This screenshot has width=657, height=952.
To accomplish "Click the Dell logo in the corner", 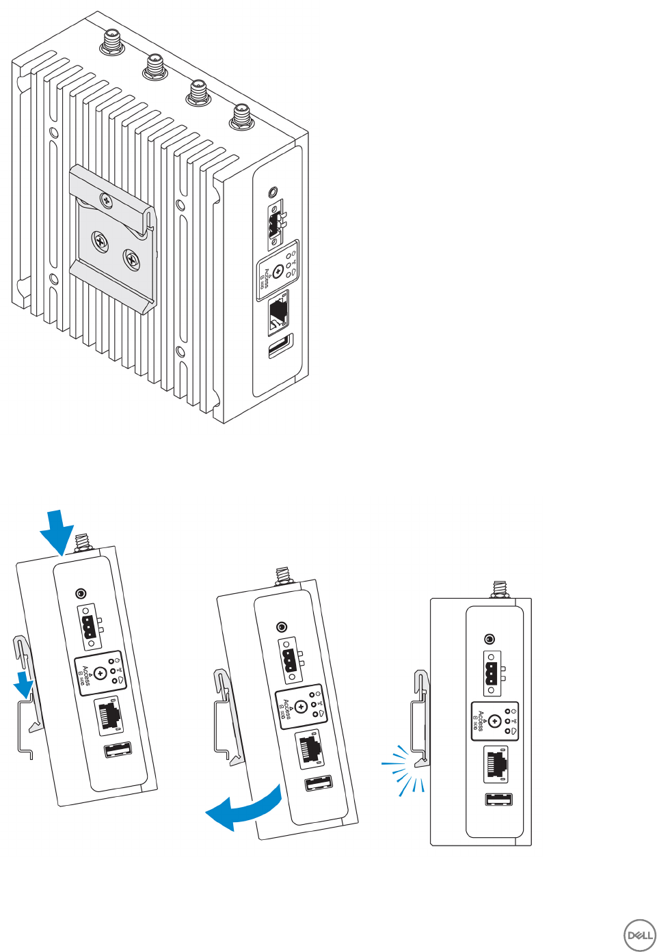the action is (640, 935).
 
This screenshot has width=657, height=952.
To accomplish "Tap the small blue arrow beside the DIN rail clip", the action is (25, 684).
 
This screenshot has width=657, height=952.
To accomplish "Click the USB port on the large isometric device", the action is (280, 346).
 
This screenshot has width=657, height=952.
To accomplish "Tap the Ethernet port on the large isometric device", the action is (279, 312).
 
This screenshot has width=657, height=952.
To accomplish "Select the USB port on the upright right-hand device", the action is (498, 799).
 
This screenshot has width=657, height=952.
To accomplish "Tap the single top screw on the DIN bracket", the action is (106, 199).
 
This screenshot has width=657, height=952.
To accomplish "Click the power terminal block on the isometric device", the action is (276, 225).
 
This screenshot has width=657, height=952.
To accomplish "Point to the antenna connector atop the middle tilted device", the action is (282, 575).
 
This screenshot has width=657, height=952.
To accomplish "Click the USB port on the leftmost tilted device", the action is (118, 750).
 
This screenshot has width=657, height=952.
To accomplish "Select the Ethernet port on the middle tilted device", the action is (310, 748).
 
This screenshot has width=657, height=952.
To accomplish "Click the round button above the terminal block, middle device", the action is (281, 627).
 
